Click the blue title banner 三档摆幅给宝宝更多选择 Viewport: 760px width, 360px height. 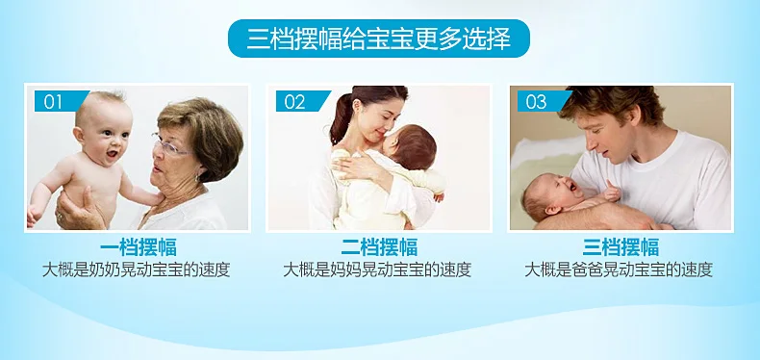[378, 39]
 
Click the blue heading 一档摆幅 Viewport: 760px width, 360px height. [139, 247]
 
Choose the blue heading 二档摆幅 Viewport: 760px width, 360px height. [379, 247]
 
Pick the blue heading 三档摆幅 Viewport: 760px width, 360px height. [621, 247]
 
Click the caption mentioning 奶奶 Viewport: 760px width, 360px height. [137, 270]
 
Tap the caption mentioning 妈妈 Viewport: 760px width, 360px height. [377, 270]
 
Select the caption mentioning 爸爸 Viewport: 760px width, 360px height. [619, 270]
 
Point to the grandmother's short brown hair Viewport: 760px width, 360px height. [204, 131]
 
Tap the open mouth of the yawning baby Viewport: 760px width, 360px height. [573, 186]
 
